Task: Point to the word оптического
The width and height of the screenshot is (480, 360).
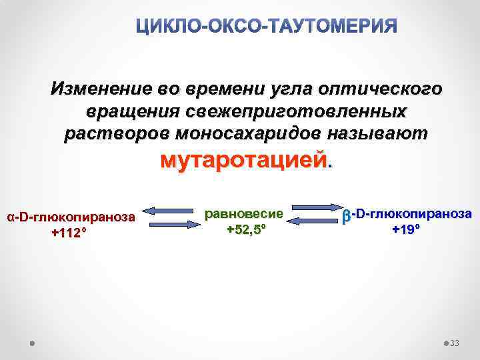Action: click(381, 89)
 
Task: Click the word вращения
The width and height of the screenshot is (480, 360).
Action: click(129, 111)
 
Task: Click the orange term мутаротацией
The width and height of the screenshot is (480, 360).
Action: click(244, 160)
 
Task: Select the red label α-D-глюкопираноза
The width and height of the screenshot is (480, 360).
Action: click(71, 217)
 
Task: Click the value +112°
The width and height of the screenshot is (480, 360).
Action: click(69, 233)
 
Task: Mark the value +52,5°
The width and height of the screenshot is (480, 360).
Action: click(246, 229)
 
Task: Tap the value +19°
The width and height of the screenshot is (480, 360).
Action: click(406, 230)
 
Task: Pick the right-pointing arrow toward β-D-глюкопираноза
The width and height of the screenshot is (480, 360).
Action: click(317, 208)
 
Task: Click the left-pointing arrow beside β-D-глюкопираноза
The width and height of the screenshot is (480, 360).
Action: click(317, 221)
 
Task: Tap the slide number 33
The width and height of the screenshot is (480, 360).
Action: click(455, 343)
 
